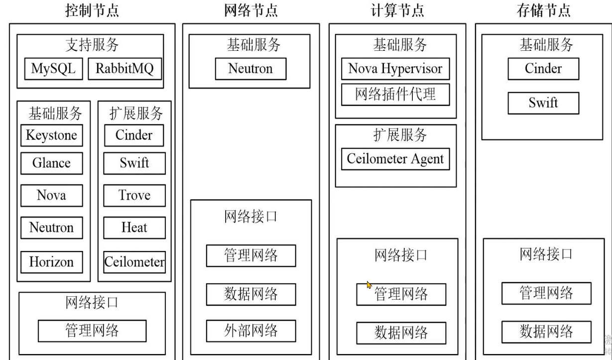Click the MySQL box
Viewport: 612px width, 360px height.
(53, 69)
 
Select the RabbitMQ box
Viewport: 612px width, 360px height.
(125, 69)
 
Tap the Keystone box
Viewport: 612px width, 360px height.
(51, 135)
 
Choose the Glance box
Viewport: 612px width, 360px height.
(51, 163)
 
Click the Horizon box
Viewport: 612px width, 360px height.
(51, 261)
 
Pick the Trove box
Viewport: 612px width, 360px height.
(134, 195)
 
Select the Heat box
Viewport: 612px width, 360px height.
(134, 228)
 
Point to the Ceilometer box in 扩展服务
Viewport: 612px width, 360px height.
(134, 261)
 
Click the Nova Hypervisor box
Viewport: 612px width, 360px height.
(395, 69)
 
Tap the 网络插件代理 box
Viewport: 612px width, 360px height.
(395, 95)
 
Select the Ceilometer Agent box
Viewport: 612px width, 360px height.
(395, 159)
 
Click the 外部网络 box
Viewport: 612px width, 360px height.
(250, 331)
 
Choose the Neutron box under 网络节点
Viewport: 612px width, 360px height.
(250, 69)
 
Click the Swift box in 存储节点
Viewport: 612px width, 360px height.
(543, 103)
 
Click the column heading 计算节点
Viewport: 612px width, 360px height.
(397, 10)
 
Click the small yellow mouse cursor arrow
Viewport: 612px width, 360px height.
(369, 285)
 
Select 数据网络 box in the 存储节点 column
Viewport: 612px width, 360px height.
(546, 332)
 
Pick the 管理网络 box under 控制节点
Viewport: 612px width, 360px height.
(92, 331)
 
